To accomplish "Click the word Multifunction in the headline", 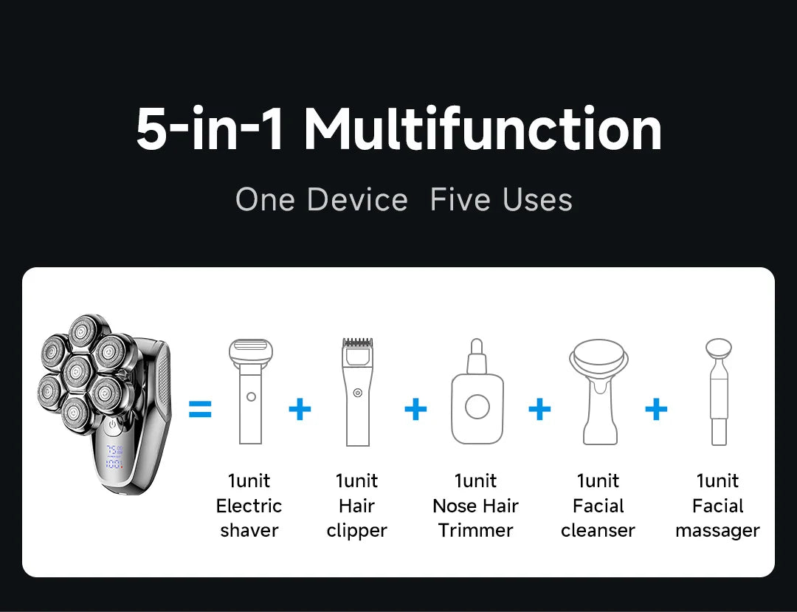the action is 483,129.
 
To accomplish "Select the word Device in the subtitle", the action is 357,199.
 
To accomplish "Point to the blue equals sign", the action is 200,409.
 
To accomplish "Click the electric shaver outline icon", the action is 251,391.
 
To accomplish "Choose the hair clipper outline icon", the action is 358,392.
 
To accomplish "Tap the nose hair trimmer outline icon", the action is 477,391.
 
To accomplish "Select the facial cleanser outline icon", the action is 598,391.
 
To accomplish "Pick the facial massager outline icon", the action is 719,392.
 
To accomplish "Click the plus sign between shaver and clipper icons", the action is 300,409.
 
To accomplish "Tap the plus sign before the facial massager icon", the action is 656,409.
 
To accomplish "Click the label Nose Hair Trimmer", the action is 476,518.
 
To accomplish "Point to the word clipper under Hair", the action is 357,531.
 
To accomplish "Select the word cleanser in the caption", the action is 598,531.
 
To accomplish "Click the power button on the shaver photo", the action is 113,424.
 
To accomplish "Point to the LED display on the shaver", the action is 114,457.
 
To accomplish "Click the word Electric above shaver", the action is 249,506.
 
